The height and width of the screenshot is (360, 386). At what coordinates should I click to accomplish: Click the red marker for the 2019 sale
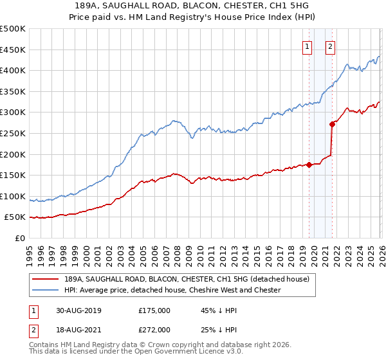pos(309,165)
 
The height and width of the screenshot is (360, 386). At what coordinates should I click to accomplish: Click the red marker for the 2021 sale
pos(332,123)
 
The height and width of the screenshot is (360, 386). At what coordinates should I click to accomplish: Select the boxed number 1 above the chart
pos(308,46)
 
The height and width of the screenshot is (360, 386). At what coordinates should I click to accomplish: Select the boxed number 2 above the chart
pos(331,46)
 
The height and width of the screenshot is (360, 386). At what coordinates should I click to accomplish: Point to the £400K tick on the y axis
pos(13,70)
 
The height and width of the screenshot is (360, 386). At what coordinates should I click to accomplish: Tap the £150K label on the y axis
pos(13,175)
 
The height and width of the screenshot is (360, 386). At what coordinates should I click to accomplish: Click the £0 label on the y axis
pos(21,238)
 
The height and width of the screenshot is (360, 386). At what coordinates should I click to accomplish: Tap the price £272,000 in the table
pos(154,330)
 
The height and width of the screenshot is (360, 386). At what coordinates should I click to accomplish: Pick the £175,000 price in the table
pos(154,310)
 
